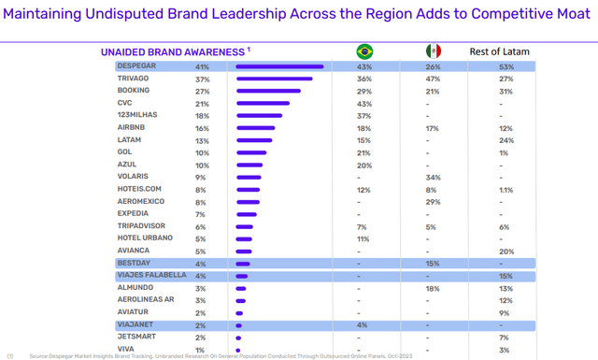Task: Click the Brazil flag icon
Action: pos(363,51)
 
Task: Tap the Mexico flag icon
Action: pos(433,51)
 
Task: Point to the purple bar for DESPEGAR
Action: pos(279,66)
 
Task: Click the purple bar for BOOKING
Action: pos(267,92)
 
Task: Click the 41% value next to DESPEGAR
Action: pos(202,66)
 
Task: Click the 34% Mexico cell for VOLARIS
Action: pos(433,177)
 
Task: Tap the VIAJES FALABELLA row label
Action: pos(150,276)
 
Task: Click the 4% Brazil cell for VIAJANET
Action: pos(363,324)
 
